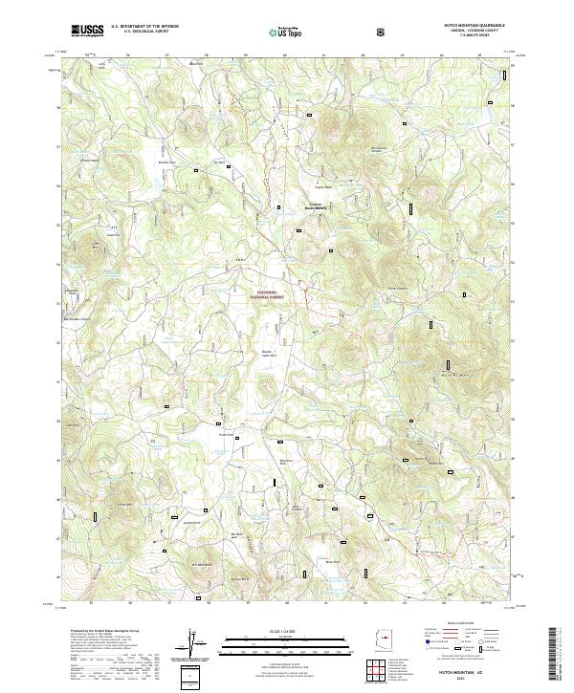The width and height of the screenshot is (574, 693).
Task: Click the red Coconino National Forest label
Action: pos(275,293)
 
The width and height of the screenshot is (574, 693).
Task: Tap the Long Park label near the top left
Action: pos(97,66)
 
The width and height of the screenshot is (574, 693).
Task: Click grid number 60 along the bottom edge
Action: pos(286,602)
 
